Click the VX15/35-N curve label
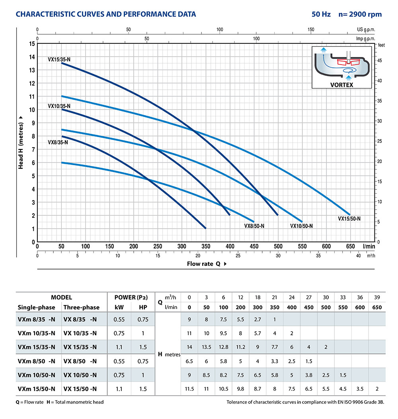[x=59, y=59]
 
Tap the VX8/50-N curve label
[x=254, y=226]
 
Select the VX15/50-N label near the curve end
[x=349, y=218]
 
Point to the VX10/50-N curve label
[x=301, y=226]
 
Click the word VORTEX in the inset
[x=342, y=85]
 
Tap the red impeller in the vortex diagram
[x=348, y=63]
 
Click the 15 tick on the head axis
[x=32, y=43]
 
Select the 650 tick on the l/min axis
[x=351, y=246]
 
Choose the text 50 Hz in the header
[x=321, y=14]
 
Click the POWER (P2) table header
[x=131, y=297]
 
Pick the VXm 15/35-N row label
[x=37, y=347]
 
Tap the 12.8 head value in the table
[x=223, y=347]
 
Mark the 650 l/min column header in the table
[x=377, y=307]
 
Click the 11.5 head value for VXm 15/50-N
[x=189, y=389]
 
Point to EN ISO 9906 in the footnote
[x=339, y=402]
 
